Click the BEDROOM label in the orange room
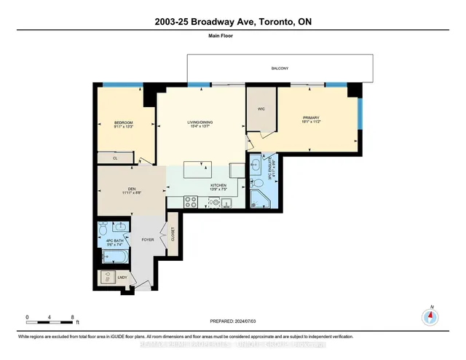tap(123, 122)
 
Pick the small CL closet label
tap(116, 157)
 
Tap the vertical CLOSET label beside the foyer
tap(173, 233)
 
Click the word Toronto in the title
tap(275, 23)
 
